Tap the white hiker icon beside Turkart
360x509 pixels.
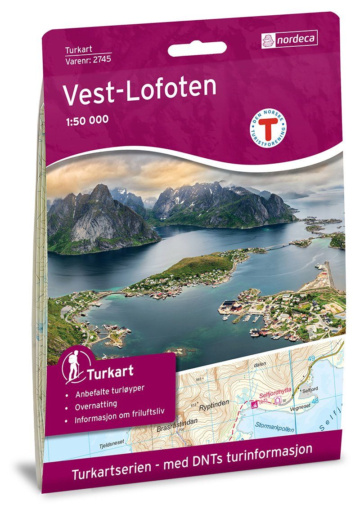[x=72, y=367]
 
